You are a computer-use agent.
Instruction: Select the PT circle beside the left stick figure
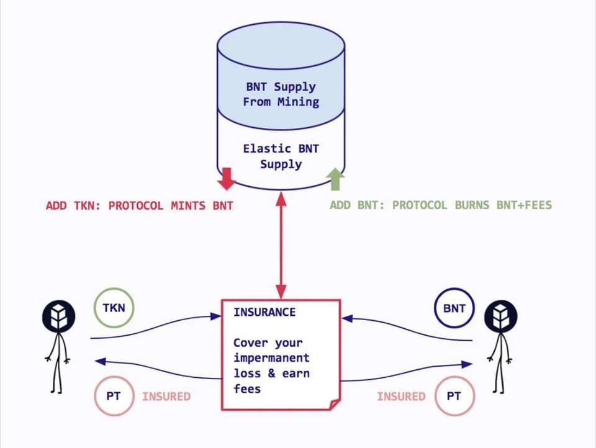point(114,396)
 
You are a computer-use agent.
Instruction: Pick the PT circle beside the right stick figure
point(454,396)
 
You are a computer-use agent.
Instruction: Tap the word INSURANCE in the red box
point(264,312)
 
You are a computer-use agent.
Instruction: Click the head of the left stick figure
point(58,316)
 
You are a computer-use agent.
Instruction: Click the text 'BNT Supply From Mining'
point(281,94)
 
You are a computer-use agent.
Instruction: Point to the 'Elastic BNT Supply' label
point(281,156)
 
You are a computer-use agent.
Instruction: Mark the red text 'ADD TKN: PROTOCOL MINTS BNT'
point(140,205)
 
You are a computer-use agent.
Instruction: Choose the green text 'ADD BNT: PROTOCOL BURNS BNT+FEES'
point(440,205)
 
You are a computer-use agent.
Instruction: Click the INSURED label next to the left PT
point(166,396)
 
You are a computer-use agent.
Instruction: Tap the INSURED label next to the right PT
point(401,396)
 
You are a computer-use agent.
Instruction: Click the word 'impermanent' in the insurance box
point(271,358)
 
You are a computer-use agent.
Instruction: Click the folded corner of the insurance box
point(334,404)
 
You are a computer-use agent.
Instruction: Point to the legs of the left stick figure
point(56,375)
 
